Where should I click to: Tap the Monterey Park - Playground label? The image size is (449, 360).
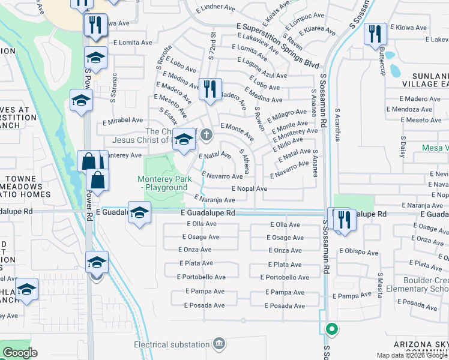click(x=163, y=183)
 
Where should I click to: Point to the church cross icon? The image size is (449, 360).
click(x=206, y=134)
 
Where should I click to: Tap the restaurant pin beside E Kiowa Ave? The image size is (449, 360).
click(x=375, y=34)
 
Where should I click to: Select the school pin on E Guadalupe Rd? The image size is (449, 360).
click(x=139, y=214)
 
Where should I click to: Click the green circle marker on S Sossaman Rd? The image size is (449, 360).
click(x=331, y=329)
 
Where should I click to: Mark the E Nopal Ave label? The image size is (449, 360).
click(x=249, y=188)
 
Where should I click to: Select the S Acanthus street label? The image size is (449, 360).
click(x=337, y=125)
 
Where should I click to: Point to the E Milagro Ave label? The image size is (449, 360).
click(x=289, y=113)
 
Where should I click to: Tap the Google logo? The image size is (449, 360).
click(x=20, y=352)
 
